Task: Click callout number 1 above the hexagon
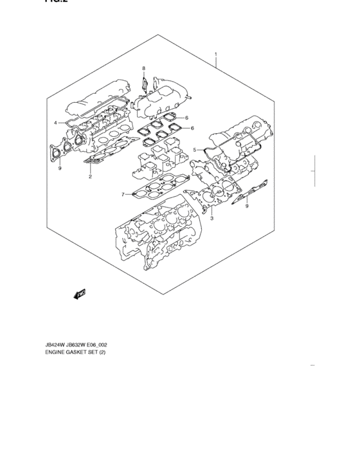[216, 54]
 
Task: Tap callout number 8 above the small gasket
[144, 68]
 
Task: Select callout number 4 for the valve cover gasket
[56, 122]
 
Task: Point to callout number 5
[194, 150]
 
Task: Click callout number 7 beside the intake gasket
[122, 194]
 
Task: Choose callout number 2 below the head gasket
[91, 176]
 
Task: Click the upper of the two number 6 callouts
[186, 118]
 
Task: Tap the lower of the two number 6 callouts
[191, 128]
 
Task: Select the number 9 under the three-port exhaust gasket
[59, 168]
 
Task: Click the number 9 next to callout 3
[246, 206]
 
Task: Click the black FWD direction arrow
[80, 294]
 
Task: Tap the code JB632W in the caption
[83, 344]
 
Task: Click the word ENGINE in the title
[56, 353]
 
